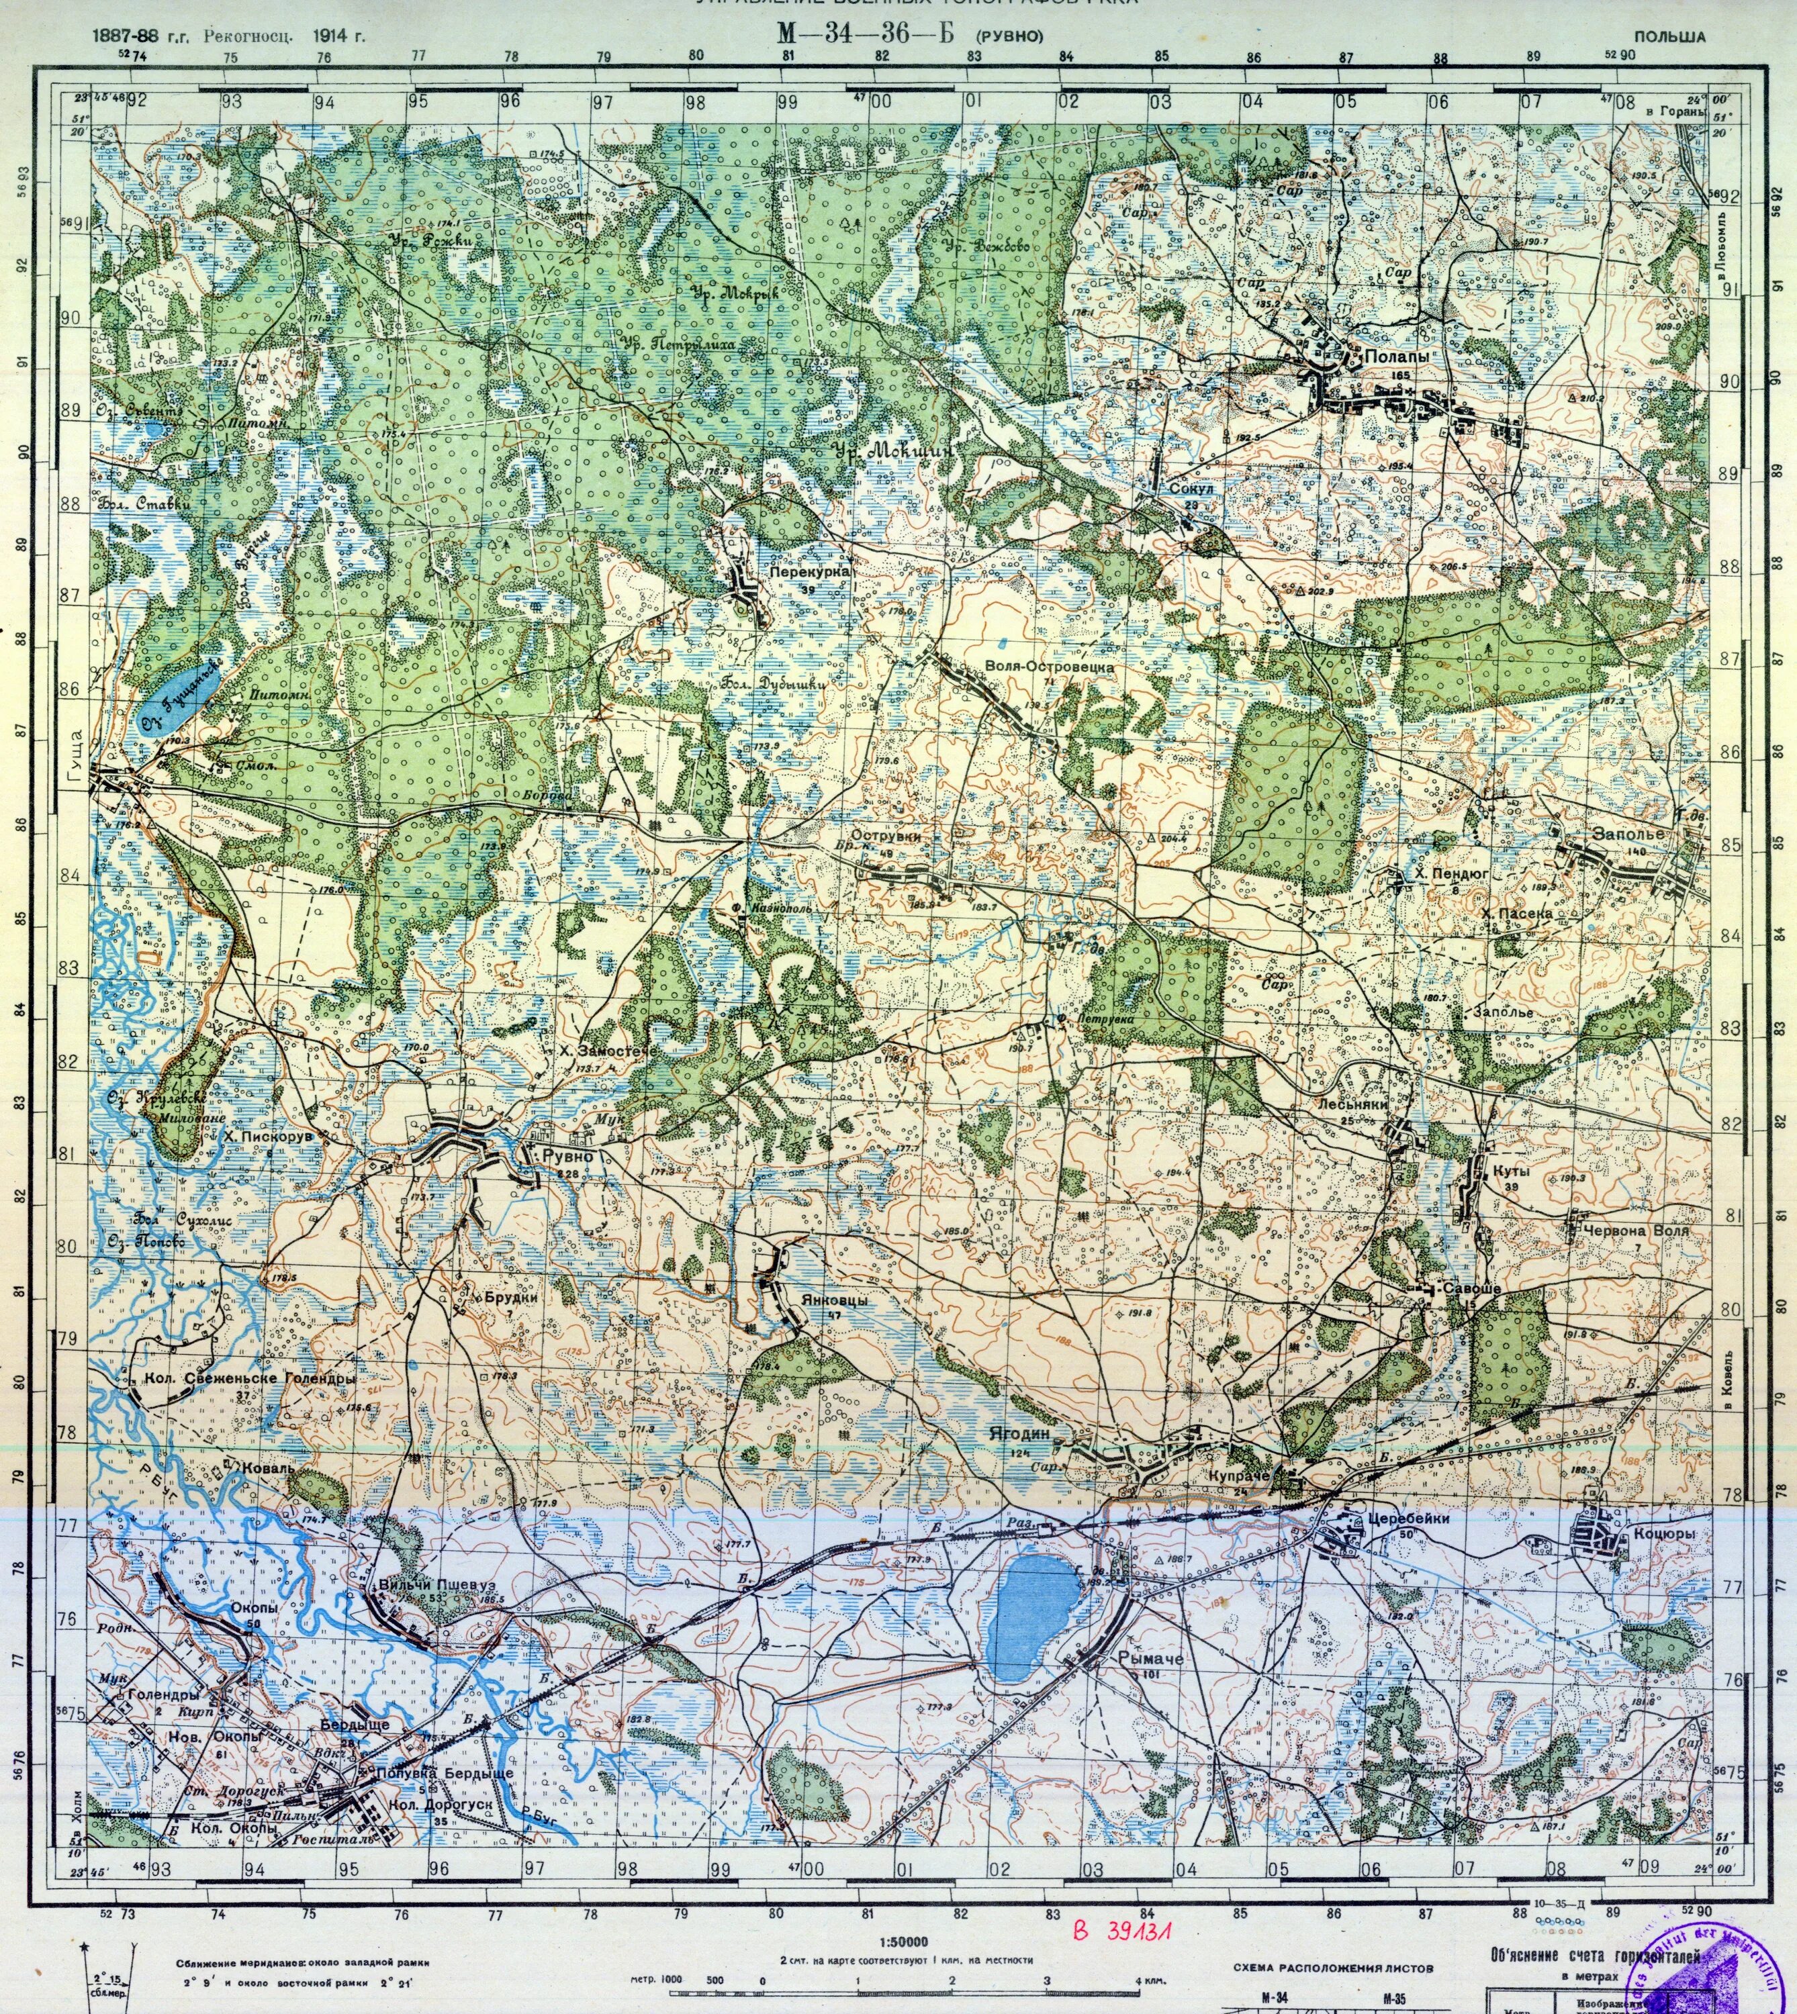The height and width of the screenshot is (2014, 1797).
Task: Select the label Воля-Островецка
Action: click(1050, 667)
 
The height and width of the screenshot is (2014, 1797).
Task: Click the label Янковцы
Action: click(834, 1300)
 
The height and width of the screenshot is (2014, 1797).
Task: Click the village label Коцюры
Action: click(1664, 1534)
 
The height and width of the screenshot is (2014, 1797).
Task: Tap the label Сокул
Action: click(1189, 489)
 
